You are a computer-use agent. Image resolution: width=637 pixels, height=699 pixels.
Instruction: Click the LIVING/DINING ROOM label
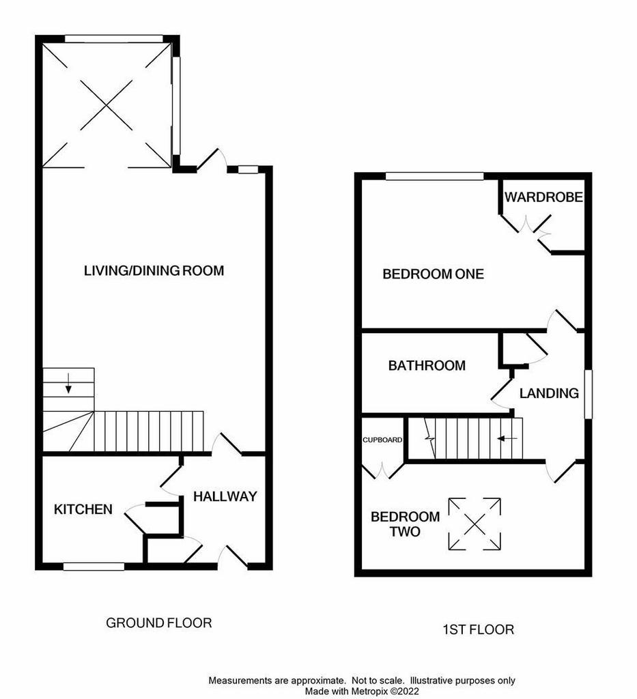click(x=154, y=270)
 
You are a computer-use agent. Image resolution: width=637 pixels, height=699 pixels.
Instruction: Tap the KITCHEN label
click(x=83, y=509)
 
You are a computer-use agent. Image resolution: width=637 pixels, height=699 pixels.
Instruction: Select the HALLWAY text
click(x=225, y=496)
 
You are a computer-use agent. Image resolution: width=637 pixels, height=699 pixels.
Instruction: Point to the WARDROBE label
click(x=543, y=197)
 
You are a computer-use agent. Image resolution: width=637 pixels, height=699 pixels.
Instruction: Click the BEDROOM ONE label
click(x=434, y=274)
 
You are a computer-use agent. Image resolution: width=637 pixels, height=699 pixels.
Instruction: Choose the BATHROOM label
click(x=427, y=366)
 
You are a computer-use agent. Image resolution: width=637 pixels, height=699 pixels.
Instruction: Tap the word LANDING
click(x=549, y=393)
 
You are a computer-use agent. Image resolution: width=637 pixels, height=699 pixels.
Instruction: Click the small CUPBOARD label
click(x=382, y=440)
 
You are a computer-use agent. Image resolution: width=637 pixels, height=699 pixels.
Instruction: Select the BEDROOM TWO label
click(x=405, y=524)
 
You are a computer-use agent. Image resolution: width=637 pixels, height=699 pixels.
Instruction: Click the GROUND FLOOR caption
click(x=158, y=623)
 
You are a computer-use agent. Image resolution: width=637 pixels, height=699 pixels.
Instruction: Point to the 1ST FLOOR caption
click(x=479, y=629)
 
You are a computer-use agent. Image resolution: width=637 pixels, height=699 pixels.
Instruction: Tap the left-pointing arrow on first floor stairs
click(x=507, y=439)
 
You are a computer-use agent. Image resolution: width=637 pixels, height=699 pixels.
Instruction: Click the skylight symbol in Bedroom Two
click(x=475, y=524)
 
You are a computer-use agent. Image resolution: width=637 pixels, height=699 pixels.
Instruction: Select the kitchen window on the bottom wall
click(x=94, y=567)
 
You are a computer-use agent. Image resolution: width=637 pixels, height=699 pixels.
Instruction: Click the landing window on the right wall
click(x=589, y=394)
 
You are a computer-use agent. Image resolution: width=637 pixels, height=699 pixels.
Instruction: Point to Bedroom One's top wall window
click(x=435, y=177)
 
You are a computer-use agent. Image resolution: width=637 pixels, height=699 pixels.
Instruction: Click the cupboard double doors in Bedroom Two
click(x=382, y=472)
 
